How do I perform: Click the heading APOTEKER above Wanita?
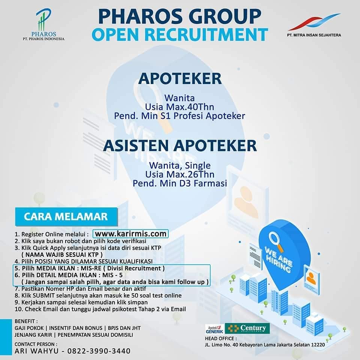point(180,78)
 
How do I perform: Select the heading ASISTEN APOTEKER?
point(180,145)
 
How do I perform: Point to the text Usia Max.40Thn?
point(180,107)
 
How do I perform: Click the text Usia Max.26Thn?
point(180,174)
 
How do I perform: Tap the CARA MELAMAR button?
point(66,216)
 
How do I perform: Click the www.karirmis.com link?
point(130,234)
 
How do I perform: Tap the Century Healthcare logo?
point(247,328)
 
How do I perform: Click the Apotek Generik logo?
point(214,328)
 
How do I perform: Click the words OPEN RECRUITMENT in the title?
point(180,34)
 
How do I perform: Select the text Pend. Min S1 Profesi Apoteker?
point(180,116)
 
